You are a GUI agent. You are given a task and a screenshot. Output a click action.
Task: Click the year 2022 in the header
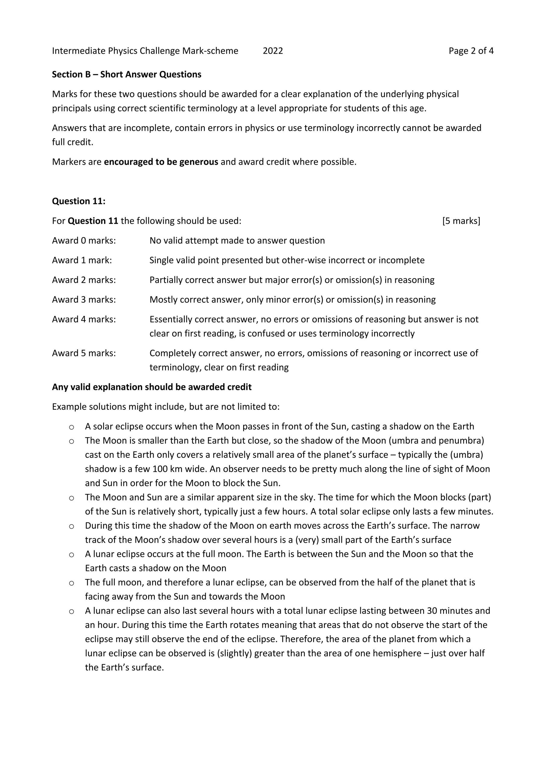272,51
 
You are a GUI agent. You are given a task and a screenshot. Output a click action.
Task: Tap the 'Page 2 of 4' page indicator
471,51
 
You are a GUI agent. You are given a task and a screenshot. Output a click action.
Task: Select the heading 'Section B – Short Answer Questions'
126,74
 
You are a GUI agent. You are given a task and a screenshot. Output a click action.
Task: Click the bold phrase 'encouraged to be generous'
161,162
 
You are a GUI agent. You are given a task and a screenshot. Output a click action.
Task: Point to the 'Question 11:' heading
78,201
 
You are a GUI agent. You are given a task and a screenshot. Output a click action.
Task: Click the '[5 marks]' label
461,221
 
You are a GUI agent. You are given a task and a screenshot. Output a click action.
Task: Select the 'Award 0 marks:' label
84,240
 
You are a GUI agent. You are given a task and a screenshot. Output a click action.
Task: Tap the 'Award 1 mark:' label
82,260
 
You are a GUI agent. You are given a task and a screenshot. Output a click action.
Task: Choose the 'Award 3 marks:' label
84,300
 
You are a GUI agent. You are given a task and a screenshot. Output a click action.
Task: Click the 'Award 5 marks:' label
84,353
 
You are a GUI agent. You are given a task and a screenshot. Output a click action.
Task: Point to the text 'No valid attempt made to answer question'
237,240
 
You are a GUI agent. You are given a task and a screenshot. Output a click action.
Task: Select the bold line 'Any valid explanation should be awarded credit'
152,387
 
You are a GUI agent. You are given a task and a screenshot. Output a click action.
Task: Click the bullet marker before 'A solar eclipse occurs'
71,427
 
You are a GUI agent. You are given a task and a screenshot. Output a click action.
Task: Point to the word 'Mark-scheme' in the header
210,51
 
